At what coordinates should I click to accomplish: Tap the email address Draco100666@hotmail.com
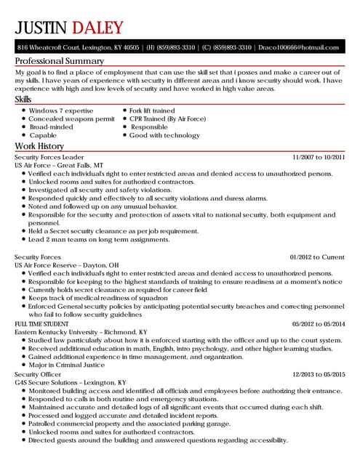click(298, 47)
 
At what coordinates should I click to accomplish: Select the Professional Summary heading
click(60, 61)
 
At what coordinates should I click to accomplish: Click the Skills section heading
click(24, 98)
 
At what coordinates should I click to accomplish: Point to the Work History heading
click(41, 146)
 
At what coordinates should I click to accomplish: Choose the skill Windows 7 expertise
click(61, 110)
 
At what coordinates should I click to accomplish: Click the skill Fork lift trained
click(152, 110)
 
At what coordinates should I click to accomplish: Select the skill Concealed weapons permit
click(71, 118)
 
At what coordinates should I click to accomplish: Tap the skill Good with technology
click(164, 135)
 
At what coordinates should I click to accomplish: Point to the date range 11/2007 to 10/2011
click(318, 157)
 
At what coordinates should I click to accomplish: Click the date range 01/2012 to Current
click(317, 257)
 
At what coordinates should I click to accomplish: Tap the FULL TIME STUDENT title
click(42, 323)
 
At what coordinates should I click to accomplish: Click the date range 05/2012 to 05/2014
click(318, 323)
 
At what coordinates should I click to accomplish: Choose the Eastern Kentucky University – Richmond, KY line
click(81, 331)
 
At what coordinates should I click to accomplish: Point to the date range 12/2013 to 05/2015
click(318, 373)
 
